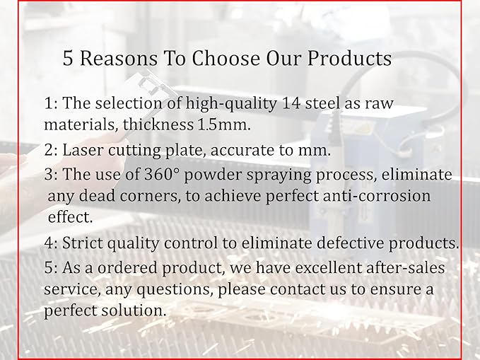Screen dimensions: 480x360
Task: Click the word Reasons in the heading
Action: (119, 58)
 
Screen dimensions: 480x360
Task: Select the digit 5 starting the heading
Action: (68, 58)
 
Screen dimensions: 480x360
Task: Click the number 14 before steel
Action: (291, 103)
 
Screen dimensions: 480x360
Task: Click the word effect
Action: (70, 217)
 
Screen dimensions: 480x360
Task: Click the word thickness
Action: (158, 124)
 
